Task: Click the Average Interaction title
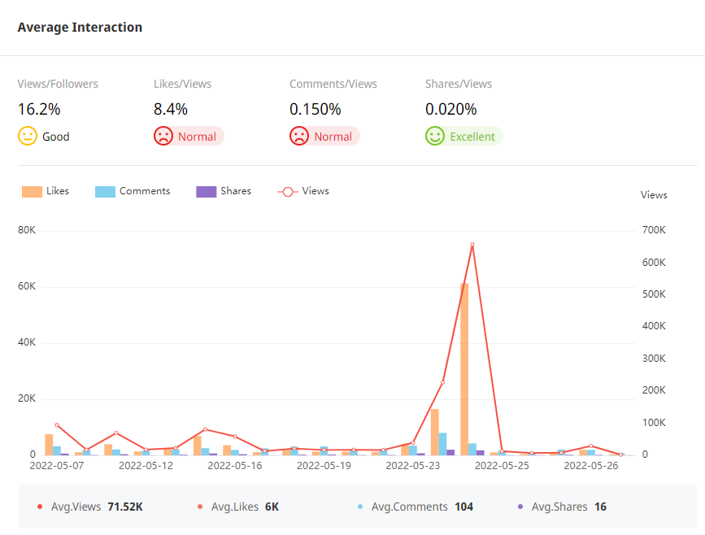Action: coord(80,28)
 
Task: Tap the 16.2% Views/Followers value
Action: coord(39,109)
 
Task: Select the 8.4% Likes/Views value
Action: coord(171,109)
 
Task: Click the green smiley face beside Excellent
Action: coord(435,136)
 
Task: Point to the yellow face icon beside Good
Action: coord(28,136)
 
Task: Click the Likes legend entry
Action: coord(46,191)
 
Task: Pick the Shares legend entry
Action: coord(224,191)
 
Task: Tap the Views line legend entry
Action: coord(303,191)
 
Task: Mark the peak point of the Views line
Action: coord(472,245)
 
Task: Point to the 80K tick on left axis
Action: coord(27,230)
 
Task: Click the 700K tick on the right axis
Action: coord(653,230)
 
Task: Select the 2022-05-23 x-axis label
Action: coord(413,467)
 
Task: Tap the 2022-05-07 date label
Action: coord(57,467)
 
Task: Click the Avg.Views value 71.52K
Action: coord(125,507)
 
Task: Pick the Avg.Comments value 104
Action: coord(463,507)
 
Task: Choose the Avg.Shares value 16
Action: coord(600,507)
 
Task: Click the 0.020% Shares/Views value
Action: coord(450,109)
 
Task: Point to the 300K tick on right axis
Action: coord(653,359)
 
